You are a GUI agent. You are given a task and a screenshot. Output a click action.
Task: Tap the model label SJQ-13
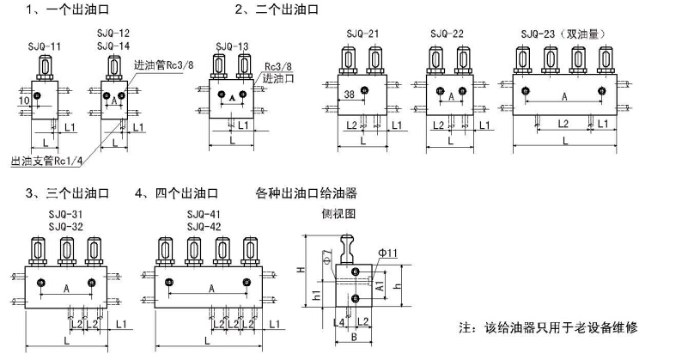tap(232, 46)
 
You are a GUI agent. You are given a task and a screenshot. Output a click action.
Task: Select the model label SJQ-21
tap(361, 34)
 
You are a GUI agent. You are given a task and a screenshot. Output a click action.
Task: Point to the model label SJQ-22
tap(447, 34)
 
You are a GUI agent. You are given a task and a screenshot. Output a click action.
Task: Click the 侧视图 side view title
tap(337, 214)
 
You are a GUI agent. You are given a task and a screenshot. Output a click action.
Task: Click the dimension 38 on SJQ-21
tap(349, 95)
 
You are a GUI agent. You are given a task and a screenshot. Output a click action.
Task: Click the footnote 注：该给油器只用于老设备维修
tap(549, 328)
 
